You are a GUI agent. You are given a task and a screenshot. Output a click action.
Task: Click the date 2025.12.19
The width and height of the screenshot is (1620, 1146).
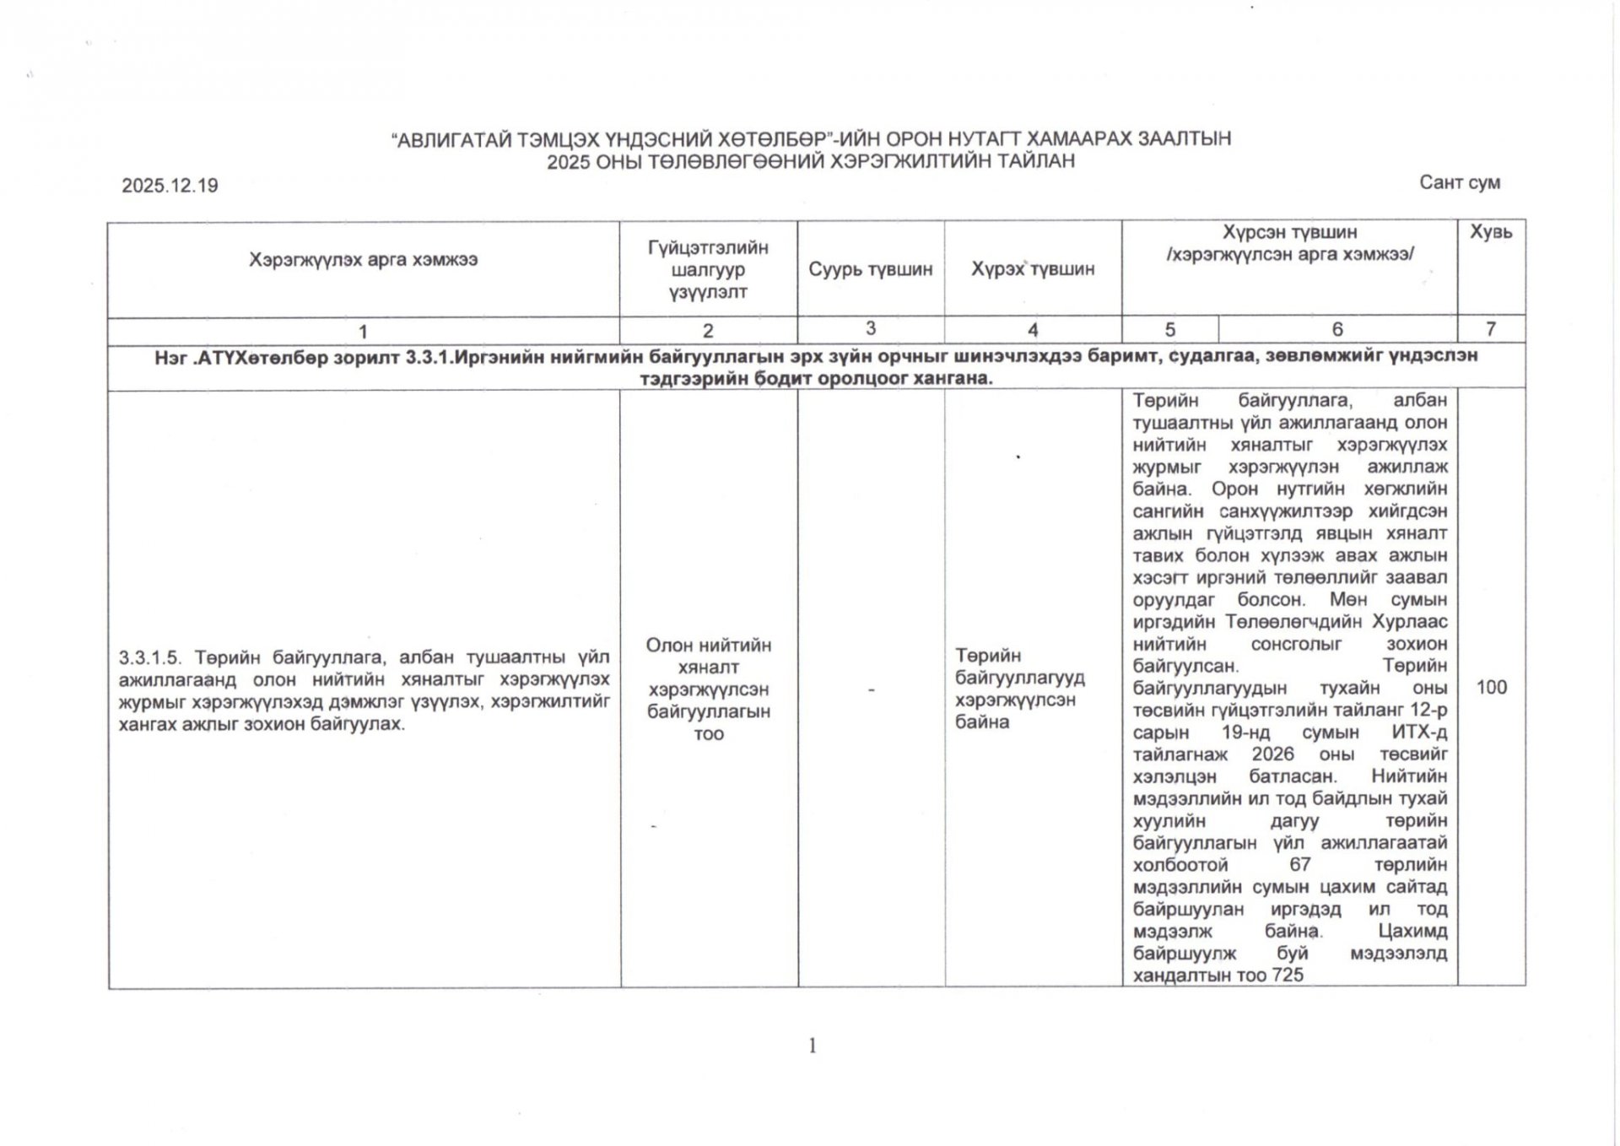point(170,186)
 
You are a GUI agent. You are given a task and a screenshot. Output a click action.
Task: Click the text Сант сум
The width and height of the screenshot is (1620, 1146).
point(1459,182)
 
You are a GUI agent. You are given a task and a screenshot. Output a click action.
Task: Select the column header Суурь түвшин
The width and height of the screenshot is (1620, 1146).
point(870,269)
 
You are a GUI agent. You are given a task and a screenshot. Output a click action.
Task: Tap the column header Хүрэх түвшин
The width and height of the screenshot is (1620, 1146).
point(1032,269)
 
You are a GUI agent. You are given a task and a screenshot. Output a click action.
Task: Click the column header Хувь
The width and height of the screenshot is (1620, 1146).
point(1491,232)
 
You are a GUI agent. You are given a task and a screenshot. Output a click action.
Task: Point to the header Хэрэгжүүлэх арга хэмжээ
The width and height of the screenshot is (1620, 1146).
point(363,260)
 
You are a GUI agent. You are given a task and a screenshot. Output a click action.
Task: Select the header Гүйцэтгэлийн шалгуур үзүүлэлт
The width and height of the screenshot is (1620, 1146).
point(708,270)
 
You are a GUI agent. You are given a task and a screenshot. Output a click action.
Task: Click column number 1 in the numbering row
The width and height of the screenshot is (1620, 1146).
point(363,332)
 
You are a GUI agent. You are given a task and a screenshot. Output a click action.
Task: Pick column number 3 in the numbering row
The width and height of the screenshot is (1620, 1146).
point(870,328)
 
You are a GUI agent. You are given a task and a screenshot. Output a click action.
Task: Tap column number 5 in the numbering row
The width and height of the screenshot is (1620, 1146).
point(1169,329)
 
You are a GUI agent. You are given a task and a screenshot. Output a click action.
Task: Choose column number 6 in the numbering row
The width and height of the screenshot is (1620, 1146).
point(1337,329)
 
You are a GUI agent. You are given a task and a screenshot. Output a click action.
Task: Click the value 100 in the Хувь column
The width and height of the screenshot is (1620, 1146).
point(1491,688)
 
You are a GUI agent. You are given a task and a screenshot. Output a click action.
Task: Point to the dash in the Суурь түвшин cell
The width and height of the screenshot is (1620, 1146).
point(871,690)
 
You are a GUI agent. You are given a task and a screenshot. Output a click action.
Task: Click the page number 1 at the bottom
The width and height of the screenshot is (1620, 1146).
point(812,1046)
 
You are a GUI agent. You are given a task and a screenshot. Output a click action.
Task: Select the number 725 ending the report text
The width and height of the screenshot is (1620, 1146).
point(1287,976)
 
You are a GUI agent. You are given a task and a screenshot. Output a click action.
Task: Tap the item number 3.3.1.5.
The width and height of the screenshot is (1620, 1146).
point(151,657)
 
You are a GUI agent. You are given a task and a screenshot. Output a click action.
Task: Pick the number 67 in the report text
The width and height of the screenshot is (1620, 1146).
point(1299,865)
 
